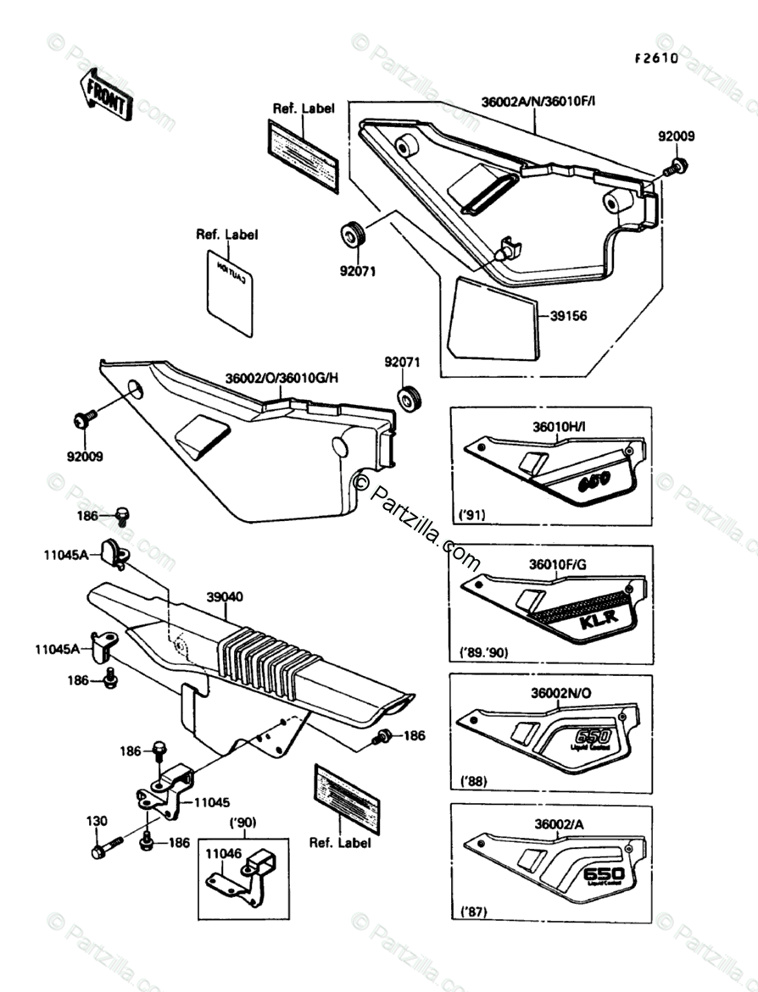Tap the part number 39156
pyautogui.click(x=569, y=316)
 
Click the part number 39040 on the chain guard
pyautogui.click(x=224, y=596)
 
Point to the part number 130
pyautogui.click(x=97, y=821)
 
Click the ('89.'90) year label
pyautogui.click(x=482, y=653)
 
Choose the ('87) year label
pyautogui.click(x=472, y=912)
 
